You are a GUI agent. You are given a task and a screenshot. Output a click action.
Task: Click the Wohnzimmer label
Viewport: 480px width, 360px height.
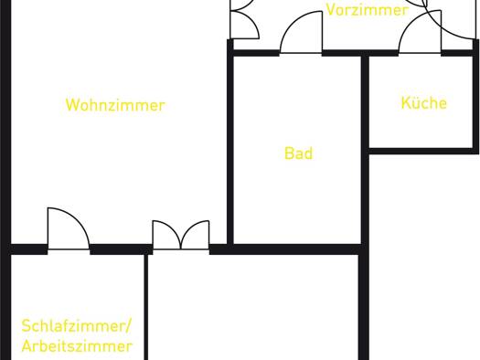pyautogui.click(x=115, y=105)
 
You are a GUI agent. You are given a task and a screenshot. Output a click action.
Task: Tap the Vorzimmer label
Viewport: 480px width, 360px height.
pyautogui.click(x=367, y=9)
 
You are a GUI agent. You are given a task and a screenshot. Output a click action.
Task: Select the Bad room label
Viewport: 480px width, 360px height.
pyautogui.click(x=298, y=153)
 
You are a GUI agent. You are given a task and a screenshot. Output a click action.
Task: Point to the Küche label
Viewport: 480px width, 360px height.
pyautogui.click(x=424, y=102)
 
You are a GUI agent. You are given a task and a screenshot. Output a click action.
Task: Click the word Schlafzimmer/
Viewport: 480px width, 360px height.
pyautogui.click(x=76, y=326)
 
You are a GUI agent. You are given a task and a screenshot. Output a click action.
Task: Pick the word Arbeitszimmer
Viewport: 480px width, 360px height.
pyautogui.click(x=77, y=346)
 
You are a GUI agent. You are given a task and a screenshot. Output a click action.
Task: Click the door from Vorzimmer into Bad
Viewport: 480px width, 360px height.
pyautogui.click(x=301, y=32)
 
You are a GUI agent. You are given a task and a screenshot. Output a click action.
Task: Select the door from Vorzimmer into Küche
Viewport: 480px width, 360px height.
pyautogui.click(x=420, y=31)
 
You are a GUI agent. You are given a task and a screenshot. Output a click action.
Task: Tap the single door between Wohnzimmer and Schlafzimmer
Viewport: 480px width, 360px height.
pyautogui.click(x=69, y=228)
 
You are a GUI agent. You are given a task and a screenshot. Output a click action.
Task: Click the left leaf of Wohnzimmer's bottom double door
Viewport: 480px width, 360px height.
pyautogui.click(x=166, y=235)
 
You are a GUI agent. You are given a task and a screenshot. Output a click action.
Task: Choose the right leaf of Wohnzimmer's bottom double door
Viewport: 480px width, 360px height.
pyautogui.click(x=196, y=235)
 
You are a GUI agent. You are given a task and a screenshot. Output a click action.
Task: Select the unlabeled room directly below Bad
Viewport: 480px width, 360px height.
pyautogui.click(x=253, y=307)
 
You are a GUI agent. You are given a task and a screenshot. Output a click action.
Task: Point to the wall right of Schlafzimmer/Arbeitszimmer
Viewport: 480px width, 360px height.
pyautogui.click(x=146, y=307)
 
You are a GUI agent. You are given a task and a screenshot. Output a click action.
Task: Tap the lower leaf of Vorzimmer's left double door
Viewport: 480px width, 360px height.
pyautogui.click(x=245, y=25)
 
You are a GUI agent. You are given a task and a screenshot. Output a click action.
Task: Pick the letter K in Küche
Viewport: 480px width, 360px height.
pyautogui.click(x=406, y=102)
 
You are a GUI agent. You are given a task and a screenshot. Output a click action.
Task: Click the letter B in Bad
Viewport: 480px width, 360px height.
pyautogui.click(x=289, y=154)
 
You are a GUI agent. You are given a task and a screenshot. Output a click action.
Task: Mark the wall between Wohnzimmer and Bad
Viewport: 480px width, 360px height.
pyautogui.click(x=230, y=143)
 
